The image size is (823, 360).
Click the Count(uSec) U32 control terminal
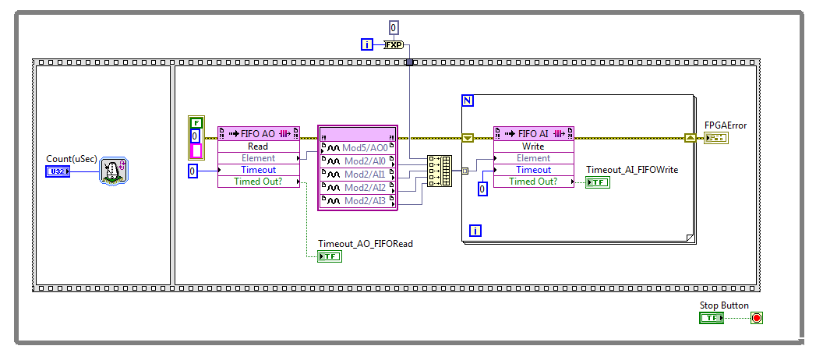(x=58, y=171)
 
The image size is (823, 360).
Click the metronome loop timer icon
(x=113, y=170)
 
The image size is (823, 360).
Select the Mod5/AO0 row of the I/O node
(x=358, y=147)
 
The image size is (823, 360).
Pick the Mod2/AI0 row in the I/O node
(x=358, y=161)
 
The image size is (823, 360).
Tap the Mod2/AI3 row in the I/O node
(x=358, y=201)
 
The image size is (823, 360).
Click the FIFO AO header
(x=258, y=133)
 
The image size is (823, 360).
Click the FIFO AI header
(x=534, y=133)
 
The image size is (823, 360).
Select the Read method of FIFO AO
(x=258, y=146)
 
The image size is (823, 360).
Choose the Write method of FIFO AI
(x=534, y=146)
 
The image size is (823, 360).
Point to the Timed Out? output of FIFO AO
(x=258, y=182)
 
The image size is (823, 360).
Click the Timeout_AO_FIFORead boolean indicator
(x=330, y=256)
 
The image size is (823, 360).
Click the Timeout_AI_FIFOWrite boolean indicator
(x=599, y=182)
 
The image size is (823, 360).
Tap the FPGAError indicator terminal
(x=715, y=138)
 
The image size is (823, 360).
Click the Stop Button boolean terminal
(x=712, y=318)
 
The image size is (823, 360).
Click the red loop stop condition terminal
(x=756, y=318)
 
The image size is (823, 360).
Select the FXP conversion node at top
(x=394, y=45)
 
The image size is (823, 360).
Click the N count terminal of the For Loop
(x=468, y=101)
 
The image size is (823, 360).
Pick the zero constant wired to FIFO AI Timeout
(x=482, y=188)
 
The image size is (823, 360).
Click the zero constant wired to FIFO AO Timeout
(x=193, y=171)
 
